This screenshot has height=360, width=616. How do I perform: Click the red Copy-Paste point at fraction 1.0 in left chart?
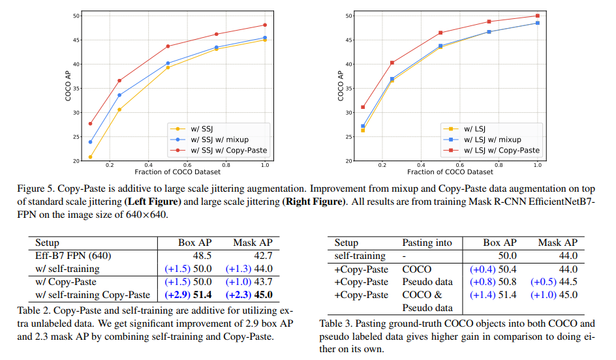coord(264,25)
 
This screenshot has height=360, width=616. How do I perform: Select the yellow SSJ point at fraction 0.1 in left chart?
coord(90,157)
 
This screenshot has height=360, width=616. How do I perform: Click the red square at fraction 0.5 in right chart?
coord(440,33)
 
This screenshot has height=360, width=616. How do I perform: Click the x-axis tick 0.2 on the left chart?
coord(110,166)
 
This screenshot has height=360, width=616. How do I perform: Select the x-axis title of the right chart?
coord(450,172)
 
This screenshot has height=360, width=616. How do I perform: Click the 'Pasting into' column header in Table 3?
coord(427,243)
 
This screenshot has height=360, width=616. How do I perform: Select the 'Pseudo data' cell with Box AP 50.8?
coord(427,282)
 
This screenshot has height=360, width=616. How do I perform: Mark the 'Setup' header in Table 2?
coord(47,243)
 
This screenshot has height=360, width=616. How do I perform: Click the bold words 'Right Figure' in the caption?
coord(313,202)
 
